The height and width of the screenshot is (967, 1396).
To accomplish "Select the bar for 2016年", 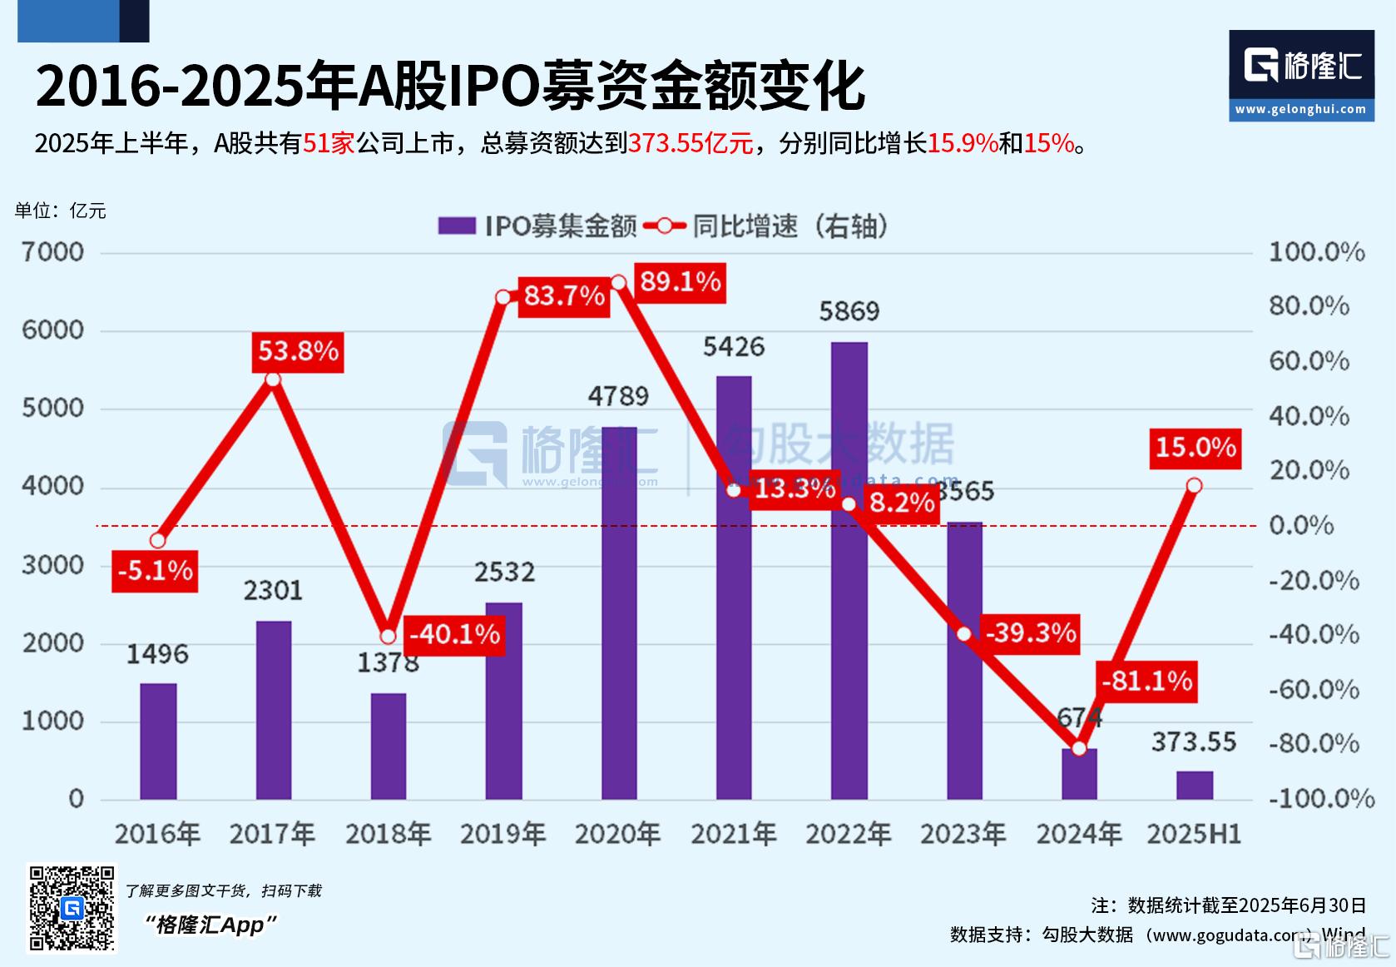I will pyautogui.click(x=158, y=741).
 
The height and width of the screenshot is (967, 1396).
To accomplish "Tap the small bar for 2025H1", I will pyautogui.click(x=1194, y=785).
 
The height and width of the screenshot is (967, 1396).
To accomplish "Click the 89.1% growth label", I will pyautogui.click(x=680, y=282).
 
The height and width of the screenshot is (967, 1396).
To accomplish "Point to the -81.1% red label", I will pyautogui.click(x=1146, y=682).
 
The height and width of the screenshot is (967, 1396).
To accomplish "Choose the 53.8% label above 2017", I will pyautogui.click(x=298, y=351).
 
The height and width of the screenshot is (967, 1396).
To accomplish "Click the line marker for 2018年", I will pyautogui.click(x=388, y=637).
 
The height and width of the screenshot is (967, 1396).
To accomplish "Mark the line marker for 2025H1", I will pyautogui.click(x=1194, y=485).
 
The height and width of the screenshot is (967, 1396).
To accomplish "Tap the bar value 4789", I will pyautogui.click(x=617, y=396).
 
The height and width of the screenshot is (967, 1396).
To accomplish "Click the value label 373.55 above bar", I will pyautogui.click(x=1194, y=741).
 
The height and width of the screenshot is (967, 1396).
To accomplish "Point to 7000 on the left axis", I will pyautogui.click(x=52, y=252).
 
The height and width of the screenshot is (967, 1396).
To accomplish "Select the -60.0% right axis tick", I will pyautogui.click(x=1314, y=689).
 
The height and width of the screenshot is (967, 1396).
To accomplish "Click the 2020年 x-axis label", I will pyautogui.click(x=617, y=834).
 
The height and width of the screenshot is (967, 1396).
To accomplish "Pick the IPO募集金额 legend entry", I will pyautogui.click(x=537, y=226).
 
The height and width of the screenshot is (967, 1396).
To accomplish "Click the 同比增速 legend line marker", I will pyautogui.click(x=665, y=226).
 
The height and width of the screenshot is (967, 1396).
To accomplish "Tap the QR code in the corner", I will pyautogui.click(x=72, y=908).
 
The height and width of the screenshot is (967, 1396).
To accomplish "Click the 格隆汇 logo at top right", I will pyautogui.click(x=1301, y=75).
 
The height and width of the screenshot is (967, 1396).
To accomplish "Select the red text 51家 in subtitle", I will pyautogui.click(x=329, y=144).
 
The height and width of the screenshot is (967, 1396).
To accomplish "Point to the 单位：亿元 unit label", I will pyautogui.click(x=61, y=211).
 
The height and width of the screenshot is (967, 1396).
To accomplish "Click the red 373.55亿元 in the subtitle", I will pyautogui.click(x=690, y=144).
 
